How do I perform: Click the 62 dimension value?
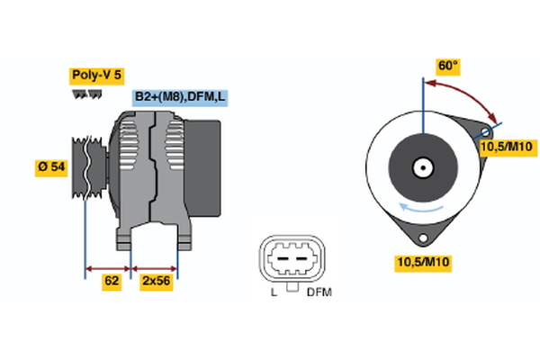(x=111, y=281)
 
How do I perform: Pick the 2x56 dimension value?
(x=157, y=281)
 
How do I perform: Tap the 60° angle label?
(x=447, y=66)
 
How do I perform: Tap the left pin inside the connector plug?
(x=281, y=261)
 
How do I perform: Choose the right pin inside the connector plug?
(x=301, y=261)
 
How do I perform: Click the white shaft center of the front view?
(x=421, y=167)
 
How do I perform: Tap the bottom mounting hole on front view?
(x=421, y=236)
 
